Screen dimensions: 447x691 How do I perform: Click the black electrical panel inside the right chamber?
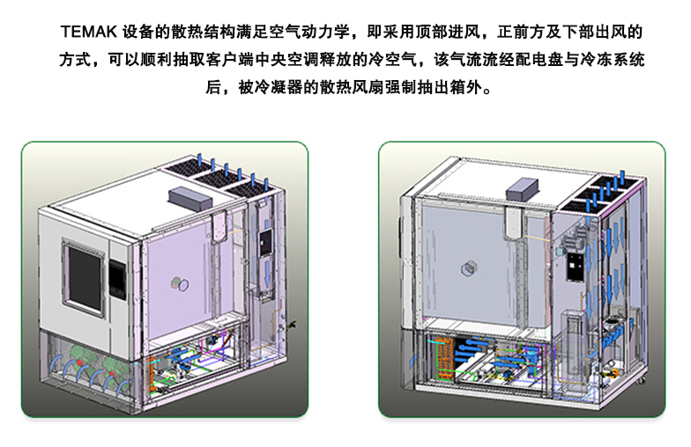click(574, 264)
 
